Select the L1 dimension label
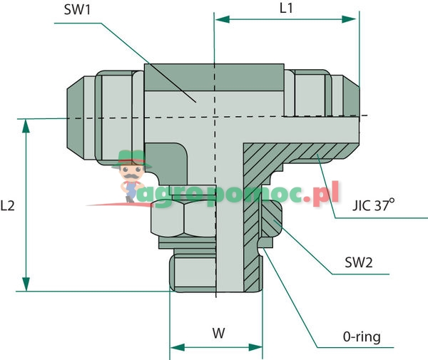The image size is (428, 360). point(285,9)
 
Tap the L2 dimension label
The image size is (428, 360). point(8,205)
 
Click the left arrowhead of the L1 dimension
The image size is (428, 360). point(220,20)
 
